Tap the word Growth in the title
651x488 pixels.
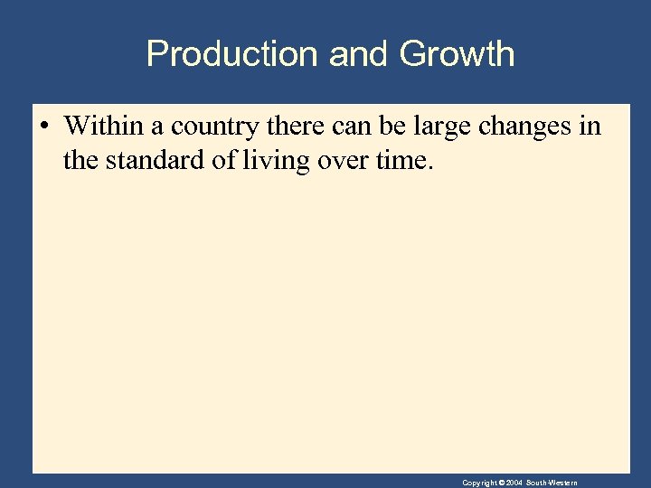457,54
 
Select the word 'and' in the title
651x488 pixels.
358,54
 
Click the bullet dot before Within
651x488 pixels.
43,126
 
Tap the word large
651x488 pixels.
442,126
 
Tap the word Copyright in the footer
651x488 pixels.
479,483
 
